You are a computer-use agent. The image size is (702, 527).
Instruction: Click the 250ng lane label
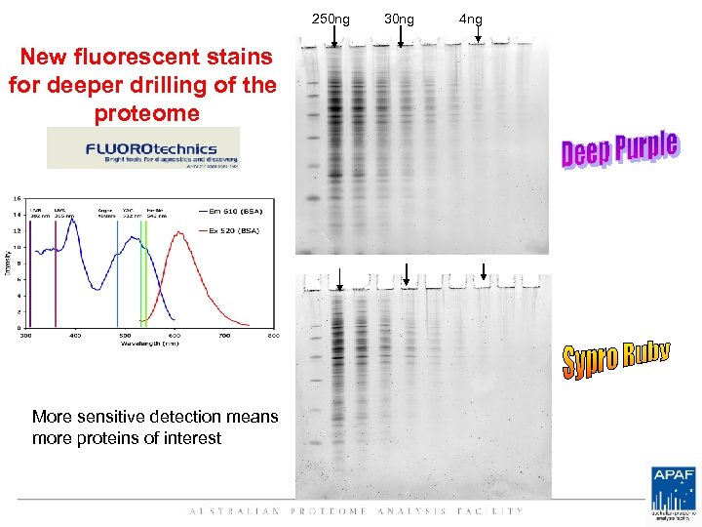(331, 19)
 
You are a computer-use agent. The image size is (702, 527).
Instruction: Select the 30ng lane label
(398, 19)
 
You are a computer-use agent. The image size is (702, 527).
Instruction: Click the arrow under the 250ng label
(333, 37)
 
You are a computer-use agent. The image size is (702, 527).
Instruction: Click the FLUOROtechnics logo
(143, 148)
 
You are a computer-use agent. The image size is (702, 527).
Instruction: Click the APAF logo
(673, 491)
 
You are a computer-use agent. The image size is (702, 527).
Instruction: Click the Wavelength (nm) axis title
(149, 344)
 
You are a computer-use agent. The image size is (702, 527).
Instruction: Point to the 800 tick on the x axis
(274, 336)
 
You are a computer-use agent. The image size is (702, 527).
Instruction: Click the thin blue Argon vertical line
(118, 273)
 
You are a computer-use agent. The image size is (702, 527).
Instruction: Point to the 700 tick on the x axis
(224, 336)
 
